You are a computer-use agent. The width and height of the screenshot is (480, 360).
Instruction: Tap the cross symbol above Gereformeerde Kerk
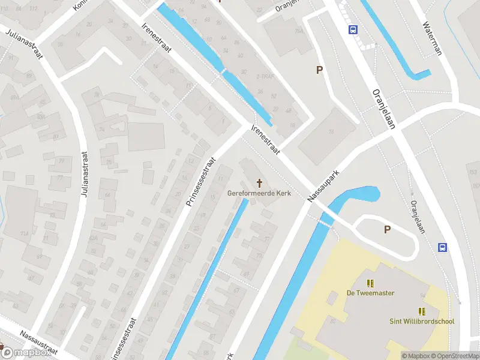pyautogui.click(x=260, y=182)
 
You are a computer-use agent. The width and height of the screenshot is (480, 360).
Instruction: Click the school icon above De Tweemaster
pyautogui.click(x=370, y=283)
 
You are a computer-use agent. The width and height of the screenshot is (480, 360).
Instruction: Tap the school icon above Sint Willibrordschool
pyautogui.click(x=422, y=311)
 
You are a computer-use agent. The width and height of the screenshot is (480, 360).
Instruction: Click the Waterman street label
pyautogui.click(x=432, y=39)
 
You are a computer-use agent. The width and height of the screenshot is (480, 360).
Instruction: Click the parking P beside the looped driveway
pyautogui.click(x=387, y=229)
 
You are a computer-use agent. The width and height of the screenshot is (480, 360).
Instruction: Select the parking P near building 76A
pyautogui.click(x=320, y=70)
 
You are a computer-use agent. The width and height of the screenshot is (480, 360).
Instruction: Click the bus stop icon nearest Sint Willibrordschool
pyautogui.click(x=443, y=247)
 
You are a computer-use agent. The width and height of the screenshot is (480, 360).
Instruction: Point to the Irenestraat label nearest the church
pyautogui.click(x=266, y=140)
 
